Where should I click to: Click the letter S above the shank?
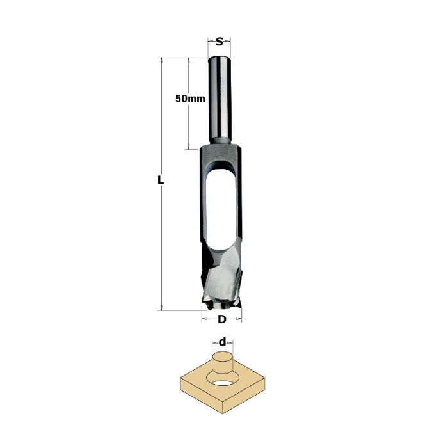coord(219,42)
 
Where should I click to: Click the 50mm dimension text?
coord(190,99)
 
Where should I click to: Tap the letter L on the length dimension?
coord(161,180)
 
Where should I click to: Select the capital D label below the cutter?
coord(221,319)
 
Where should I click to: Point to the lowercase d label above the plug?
coord(222,341)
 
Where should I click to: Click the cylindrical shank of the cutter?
coord(219,100)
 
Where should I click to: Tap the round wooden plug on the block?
coord(222,363)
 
